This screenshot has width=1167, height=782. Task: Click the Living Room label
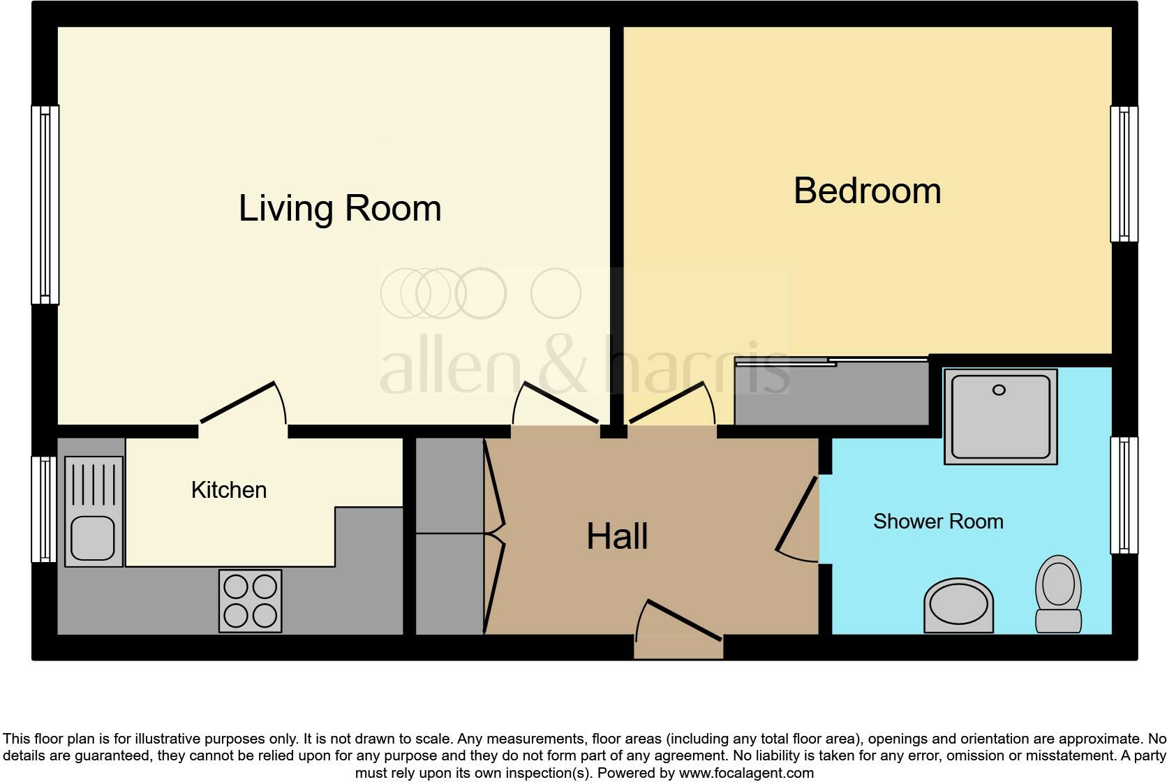click(x=340, y=208)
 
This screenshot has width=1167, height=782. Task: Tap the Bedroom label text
click(x=867, y=191)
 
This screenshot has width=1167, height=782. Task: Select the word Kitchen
click(x=229, y=490)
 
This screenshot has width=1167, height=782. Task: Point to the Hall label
click(x=617, y=536)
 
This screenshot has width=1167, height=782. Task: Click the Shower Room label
click(x=938, y=522)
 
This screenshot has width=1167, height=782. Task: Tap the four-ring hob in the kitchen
click(x=250, y=601)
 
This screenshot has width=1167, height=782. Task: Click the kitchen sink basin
click(x=93, y=538)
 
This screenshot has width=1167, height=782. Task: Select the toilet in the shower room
click(x=1059, y=593)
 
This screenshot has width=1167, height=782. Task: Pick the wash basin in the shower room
click(x=958, y=605)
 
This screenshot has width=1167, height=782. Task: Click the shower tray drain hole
click(x=999, y=390)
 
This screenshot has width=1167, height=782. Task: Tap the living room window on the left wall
click(x=45, y=205)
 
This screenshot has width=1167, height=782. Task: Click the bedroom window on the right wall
click(x=1124, y=174)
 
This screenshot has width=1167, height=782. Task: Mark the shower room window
click(x=1124, y=495)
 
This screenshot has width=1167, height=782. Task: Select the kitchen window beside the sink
click(x=44, y=509)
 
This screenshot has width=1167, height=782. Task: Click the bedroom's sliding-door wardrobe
click(x=831, y=392)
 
